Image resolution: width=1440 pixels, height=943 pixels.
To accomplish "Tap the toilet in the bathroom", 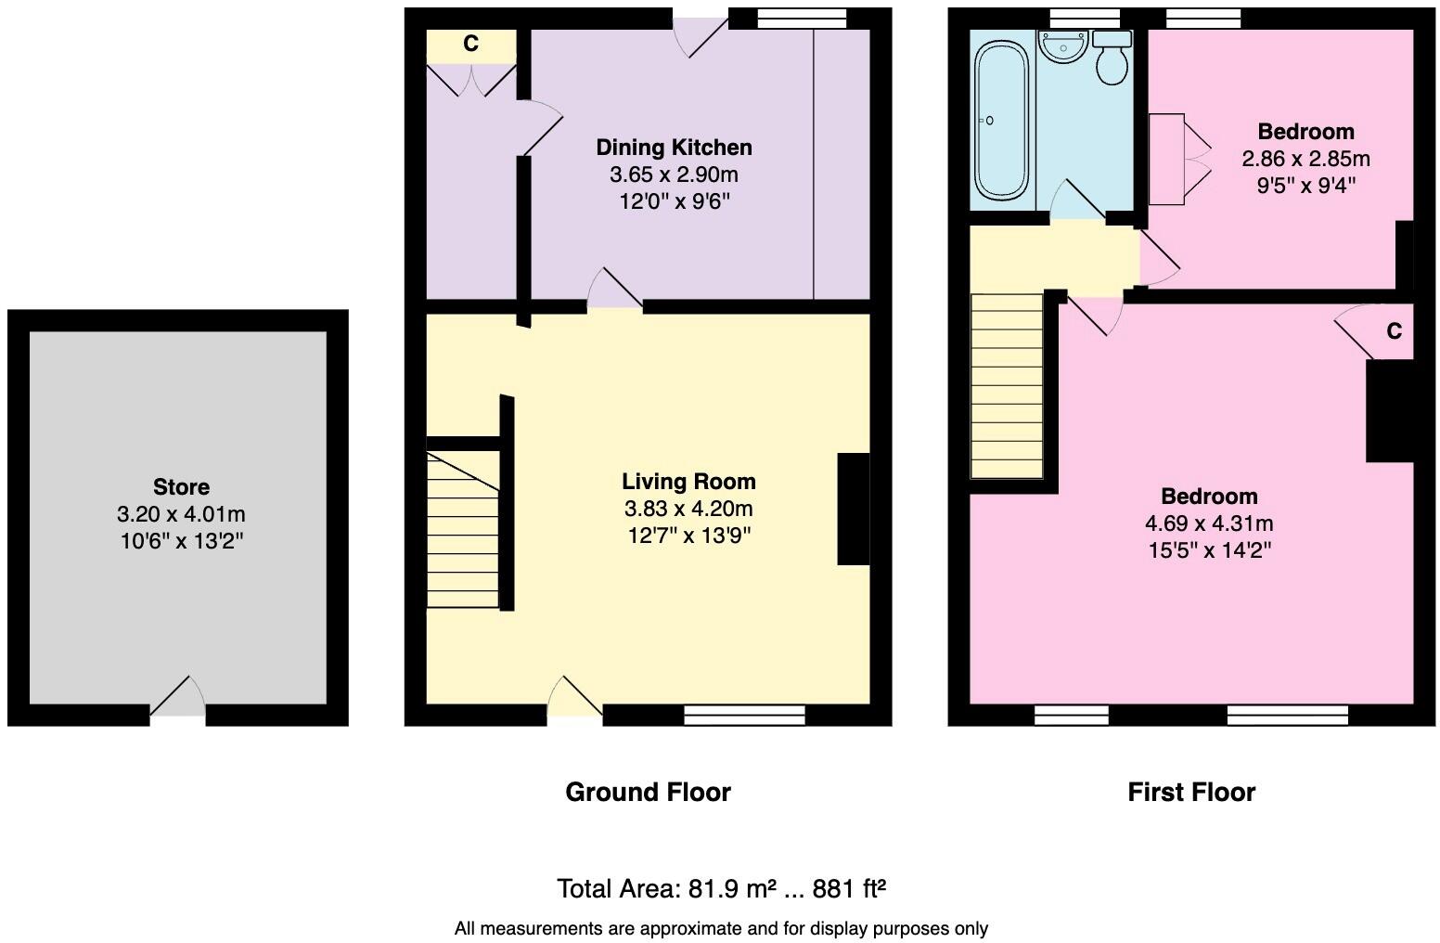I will (x=1112, y=58).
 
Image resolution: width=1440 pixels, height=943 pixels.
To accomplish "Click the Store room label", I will (x=181, y=487).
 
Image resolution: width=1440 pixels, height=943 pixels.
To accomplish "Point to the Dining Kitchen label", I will (x=674, y=148).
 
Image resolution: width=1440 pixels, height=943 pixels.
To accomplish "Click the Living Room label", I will (x=688, y=482).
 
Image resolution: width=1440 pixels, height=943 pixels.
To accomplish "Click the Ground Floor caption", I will (x=648, y=792).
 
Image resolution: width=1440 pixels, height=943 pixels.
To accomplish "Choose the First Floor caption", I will (x=1191, y=792).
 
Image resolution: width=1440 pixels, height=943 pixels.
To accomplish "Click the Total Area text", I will (x=721, y=889).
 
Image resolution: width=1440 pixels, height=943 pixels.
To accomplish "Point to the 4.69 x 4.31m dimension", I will (x=1209, y=523).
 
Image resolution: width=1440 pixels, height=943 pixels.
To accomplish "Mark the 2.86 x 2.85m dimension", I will (x=1305, y=159).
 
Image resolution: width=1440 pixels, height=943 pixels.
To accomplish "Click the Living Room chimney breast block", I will (x=853, y=509).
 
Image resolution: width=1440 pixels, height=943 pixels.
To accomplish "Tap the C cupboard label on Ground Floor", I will (x=470, y=45).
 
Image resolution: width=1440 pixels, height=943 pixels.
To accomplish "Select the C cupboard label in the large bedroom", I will (x=1394, y=331).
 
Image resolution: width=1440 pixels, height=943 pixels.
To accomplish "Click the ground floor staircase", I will (x=462, y=529).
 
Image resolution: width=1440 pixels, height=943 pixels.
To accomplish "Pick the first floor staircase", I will (x=1007, y=385).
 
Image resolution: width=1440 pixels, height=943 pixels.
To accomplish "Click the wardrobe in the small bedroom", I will (x=1166, y=159).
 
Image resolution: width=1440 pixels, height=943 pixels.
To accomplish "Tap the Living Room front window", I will (x=744, y=714).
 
